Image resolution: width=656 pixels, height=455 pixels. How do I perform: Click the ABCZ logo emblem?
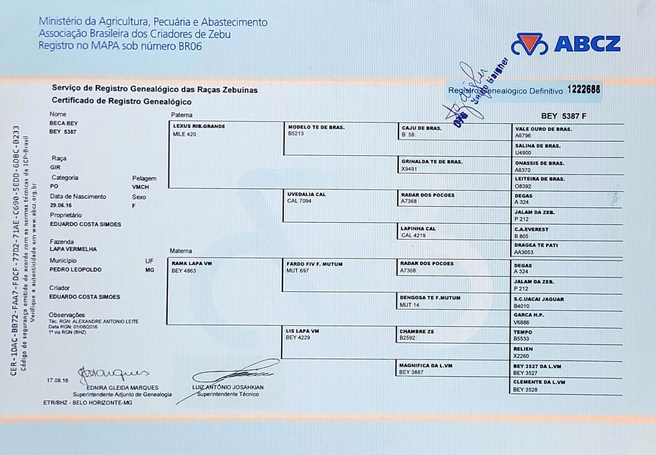coord(529,44)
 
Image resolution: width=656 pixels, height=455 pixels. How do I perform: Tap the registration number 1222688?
coord(584,89)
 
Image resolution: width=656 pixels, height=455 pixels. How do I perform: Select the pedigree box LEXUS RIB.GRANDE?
coord(199,126)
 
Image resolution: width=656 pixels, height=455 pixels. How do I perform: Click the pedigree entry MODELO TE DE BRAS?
coord(316,127)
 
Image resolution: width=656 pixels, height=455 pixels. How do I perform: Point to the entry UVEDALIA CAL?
coord(306,194)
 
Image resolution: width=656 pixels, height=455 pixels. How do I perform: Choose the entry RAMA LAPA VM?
coord(192,263)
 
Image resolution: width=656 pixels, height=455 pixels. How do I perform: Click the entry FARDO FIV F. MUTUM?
coord(314,264)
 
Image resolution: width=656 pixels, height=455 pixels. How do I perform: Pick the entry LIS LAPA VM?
coord(302,331)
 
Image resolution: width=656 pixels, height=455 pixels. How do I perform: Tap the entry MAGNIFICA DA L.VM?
coord(425,365)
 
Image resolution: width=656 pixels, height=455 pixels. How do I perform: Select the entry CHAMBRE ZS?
coord(417,332)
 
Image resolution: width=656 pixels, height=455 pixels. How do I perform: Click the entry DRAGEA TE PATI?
coord(536,245)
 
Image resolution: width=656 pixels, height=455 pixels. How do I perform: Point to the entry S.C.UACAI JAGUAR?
coord(539,299)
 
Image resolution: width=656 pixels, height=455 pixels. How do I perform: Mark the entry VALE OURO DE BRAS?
coord(543,129)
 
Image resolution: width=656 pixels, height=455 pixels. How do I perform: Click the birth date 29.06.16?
coord(61,206)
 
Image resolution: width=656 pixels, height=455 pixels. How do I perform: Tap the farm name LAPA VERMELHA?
coord(73,249)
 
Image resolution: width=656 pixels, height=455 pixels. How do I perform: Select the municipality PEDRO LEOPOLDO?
coord(75,270)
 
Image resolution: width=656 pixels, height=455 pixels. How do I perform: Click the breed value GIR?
coord(55,167)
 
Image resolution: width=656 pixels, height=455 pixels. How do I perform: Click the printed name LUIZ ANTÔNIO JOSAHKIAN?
coord(228,387)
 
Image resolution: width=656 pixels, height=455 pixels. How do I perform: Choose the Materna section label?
coord(181,251)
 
